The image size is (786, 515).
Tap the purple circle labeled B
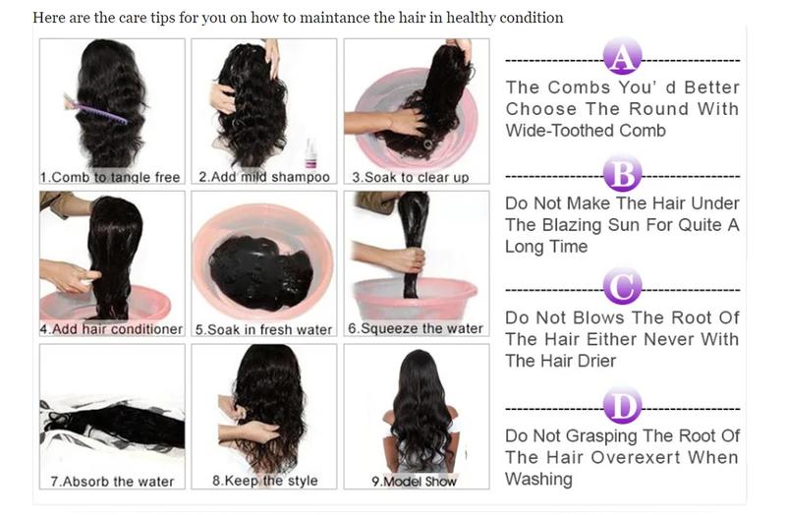[621, 175]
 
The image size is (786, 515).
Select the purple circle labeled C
[621, 289]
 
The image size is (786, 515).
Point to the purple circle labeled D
[621, 404]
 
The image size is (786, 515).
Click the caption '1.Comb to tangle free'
[110, 177]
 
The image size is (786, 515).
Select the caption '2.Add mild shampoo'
[264, 177]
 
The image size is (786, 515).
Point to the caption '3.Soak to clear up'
[411, 177]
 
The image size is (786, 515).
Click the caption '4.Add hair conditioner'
[111, 329]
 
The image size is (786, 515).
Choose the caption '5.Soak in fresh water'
[264, 329]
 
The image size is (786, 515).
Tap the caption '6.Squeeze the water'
[416, 328]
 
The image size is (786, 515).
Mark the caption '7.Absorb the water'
[112, 482]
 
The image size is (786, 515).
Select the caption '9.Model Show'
[414, 482]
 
